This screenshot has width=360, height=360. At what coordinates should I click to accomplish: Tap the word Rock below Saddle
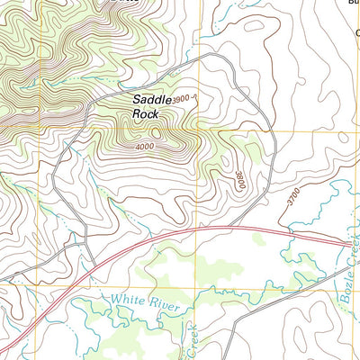(x=145, y=114)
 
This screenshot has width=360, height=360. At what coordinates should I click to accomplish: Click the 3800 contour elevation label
(x=240, y=179)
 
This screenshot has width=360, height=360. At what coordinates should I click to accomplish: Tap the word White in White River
(x=129, y=300)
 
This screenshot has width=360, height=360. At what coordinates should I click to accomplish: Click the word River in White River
(x=168, y=307)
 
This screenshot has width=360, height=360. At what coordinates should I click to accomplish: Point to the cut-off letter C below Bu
(x=356, y=32)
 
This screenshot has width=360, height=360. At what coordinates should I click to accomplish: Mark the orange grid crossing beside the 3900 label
(x=196, y=131)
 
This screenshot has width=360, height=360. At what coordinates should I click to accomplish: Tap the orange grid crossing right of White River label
(x=196, y=288)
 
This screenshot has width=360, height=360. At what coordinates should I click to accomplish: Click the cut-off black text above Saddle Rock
(x=135, y=3)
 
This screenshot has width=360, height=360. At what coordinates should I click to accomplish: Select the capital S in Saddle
(x=138, y=99)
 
